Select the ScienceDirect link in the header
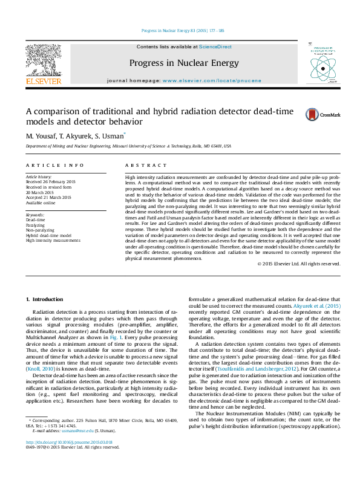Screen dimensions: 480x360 [x=215, y=47]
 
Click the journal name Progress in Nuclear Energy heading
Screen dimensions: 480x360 [x=183, y=63]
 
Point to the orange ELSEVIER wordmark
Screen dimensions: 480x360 [x=43, y=81]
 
